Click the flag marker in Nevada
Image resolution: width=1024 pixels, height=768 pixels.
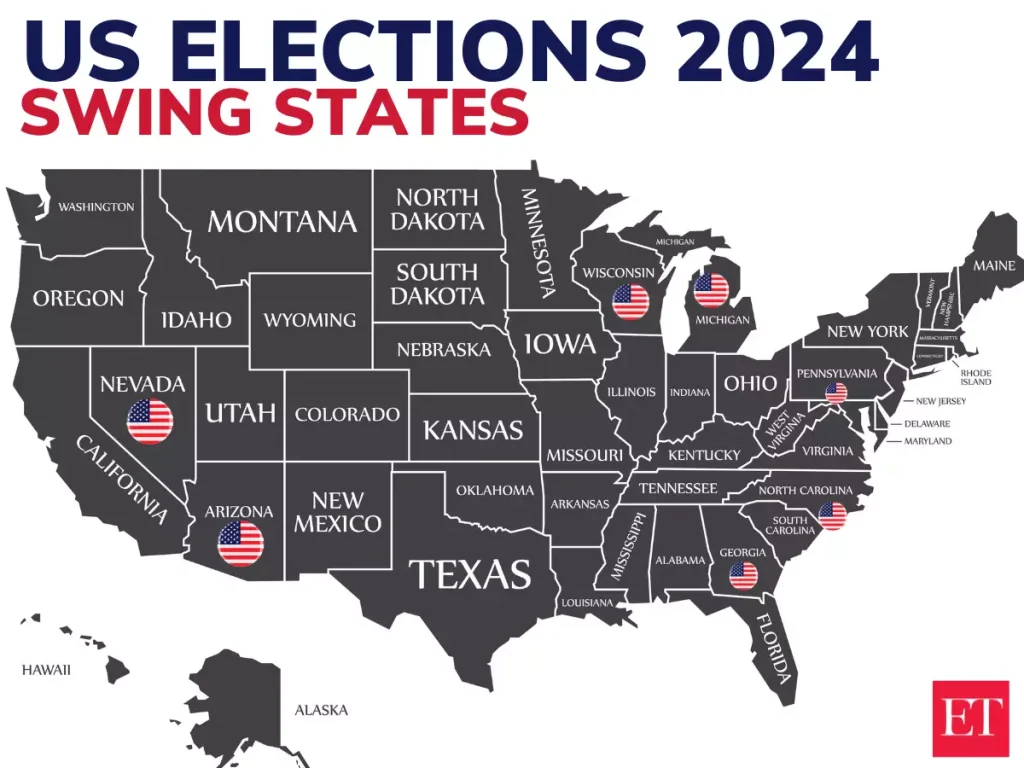coord(150,421)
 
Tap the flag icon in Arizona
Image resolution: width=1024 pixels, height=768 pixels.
coord(241,544)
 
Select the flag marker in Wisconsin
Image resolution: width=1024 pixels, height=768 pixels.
coord(630,301)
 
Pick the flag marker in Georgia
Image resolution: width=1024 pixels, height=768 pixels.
coord(743,576)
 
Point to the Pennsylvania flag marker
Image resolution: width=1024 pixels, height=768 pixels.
coord(836,393)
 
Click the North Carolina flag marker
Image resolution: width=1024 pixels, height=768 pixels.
coord(832,516)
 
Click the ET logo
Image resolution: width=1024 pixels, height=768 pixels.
coord(970,718)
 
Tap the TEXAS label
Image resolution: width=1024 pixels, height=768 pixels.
coord(470,574)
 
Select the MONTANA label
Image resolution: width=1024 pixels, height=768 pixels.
coord(282,221)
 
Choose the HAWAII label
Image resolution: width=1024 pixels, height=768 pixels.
coord(46,670)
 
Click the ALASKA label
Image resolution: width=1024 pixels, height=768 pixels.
coord(321,710)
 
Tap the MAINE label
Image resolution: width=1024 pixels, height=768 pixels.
coord(993,266)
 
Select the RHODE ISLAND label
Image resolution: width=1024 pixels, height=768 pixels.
coord(976,377)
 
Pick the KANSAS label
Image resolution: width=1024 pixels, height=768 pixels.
coord(473,430)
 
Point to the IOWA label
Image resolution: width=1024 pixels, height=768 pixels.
coord(560,345)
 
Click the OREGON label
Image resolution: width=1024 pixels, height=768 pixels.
coord(78,298)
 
